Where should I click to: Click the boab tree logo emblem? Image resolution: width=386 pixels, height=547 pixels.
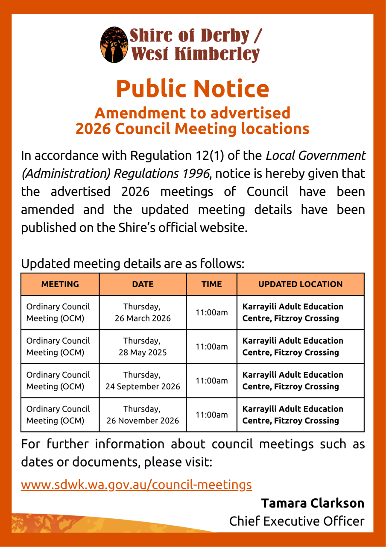(114, 45)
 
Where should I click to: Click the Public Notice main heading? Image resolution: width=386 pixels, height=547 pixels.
(193, 88)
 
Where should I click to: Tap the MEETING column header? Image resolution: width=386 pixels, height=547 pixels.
(60, 284)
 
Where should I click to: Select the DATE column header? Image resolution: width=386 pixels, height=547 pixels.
(143, 284)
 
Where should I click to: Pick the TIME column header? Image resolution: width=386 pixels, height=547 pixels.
(211, 284)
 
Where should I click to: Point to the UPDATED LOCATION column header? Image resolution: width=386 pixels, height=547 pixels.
(300, 284)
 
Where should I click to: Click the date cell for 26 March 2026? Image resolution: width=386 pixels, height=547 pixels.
(143, 312)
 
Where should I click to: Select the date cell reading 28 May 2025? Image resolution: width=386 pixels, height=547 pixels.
(143, 347)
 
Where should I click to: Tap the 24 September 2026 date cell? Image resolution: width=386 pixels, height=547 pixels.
(143, 381)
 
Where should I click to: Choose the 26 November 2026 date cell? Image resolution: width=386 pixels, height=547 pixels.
(143, 415)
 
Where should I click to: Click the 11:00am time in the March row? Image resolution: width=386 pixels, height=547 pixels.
(211, 312)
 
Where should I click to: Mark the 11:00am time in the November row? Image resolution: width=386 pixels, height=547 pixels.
(211, 415)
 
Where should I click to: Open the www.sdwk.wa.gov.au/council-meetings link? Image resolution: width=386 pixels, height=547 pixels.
(136, 484)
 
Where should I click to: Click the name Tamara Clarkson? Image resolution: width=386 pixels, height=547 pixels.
(313, 503)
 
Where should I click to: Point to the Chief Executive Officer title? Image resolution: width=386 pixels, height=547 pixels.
(297, 521)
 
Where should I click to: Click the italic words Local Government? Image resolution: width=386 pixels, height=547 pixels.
(316, 156)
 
